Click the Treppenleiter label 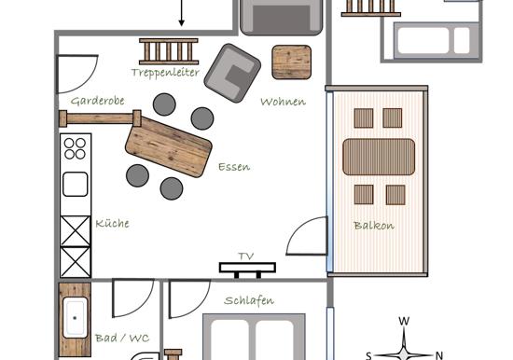pyautogui.click(x=165, y=73)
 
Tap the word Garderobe pyautogui.click(x=98, y=101)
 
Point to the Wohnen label pyautogui.click(x=283, y=102)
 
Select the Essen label pyautogui.click(x=234, y=167)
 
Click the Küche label pyautogui.click(x=112, y=224)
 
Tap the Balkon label pyautogui.click(x=374, y=226)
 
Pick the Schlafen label pyautogui.click(x=249, y=300)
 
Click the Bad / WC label pyautogui.click(x=122, y=338)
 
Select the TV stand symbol pyautogui.click(x=247, y=270)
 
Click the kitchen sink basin pyautogui.click(x=76, y=185)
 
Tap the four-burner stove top pyautogui.click(x=75, y=148)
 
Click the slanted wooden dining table pyautogui.click(x=169, y=147)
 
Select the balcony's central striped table pyautogui.click(x=379, y=157)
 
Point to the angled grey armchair pyautogui.click(x=232, y=73)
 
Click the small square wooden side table pyautogui.click(x=292, y=62)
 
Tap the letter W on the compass pyautogui.click(x=404, y=321)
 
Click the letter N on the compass pyautogui.click(x=439, y=355)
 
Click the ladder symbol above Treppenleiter pyautogui.click(x=169, y=51)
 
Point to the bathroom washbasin pyautogui.click(x=75, y=318)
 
